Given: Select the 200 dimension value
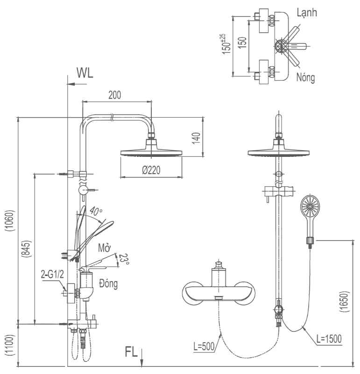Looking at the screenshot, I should click(x=114, y=95).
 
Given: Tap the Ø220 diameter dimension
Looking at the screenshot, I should click(x=151, y=171).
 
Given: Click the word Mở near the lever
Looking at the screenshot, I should click(x=104, y=247).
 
